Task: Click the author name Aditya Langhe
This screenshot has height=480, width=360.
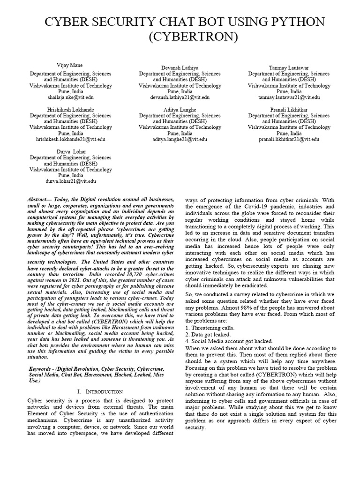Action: pyautogui.click(x=180, y=110)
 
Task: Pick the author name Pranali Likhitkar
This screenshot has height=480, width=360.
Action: pyautogui.click(x=289, y=110)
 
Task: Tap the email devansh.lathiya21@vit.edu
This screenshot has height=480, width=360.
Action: pyautogui.click(x=180, y=97)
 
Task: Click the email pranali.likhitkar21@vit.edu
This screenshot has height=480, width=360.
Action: pyautogui.click(x=289, y=139)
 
